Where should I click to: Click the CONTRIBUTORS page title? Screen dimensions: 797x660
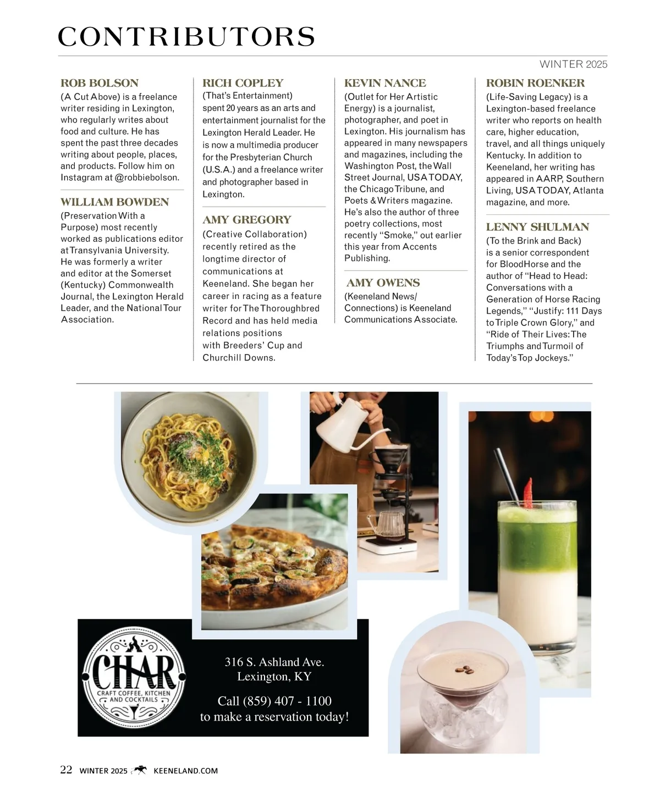[x=186, y=37]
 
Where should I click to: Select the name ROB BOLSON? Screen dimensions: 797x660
[x=100, y=83]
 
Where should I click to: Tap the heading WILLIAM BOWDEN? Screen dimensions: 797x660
[x=114, y=202]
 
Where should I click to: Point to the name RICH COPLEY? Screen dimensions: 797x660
[x=243, y=83]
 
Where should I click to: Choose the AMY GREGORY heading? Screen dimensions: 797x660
[x=246, y=220]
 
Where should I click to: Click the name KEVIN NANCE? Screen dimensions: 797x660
[x=385, y=83]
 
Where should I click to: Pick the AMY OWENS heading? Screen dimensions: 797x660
[x=383, y=283]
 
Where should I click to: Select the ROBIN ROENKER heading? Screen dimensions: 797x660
[x=535, y=83]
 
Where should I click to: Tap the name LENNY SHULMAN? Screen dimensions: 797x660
[x=537, y=227]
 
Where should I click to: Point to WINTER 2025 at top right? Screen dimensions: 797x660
[x=573, y=64]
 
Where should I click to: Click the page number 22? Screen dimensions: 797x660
[x=66, y=770]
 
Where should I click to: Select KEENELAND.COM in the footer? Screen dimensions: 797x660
[x=185, y=771]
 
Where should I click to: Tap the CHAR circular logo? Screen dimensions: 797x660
[x=134, y=678]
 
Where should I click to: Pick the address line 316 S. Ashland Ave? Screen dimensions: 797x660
[x=274, y=662]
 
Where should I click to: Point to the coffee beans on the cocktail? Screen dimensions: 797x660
[x=460, y=671]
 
